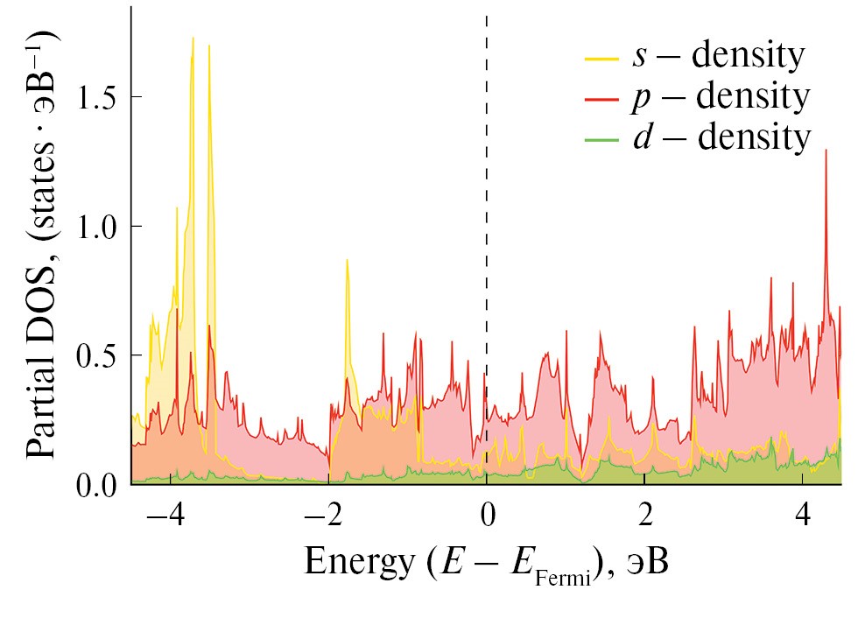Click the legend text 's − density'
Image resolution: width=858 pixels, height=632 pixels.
click(718, 57)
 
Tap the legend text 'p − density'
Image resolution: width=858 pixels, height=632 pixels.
click(720, 98)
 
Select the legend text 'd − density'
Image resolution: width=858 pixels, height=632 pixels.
click(720, 138)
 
